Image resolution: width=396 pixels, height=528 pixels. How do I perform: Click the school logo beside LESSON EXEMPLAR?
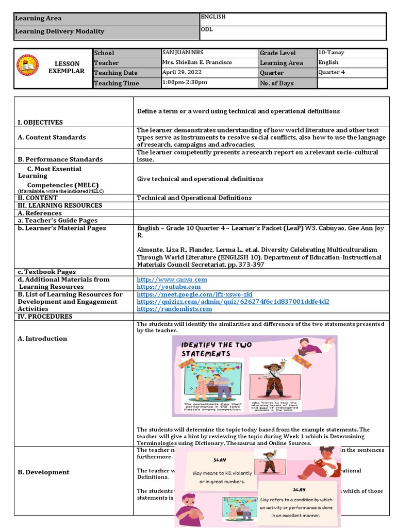point(28,65)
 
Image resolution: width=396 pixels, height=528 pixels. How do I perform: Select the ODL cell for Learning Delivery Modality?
point(208,30)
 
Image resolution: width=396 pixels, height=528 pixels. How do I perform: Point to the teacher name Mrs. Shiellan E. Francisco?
point(197,62)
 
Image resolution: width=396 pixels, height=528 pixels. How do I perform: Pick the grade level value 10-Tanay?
point(332,53)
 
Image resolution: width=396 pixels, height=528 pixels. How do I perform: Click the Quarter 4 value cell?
point(332,72)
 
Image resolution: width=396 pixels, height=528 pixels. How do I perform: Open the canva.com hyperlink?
point(172,279)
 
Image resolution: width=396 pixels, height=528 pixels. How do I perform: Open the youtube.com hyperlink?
point(169,287)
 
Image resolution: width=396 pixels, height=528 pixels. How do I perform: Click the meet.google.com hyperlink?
point(194,294)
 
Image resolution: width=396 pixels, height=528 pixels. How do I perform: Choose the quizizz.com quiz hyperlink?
point(233,302)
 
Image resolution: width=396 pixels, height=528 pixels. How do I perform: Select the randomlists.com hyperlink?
point(174,309)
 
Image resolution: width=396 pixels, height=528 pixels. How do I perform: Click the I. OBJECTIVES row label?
point(40,122)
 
